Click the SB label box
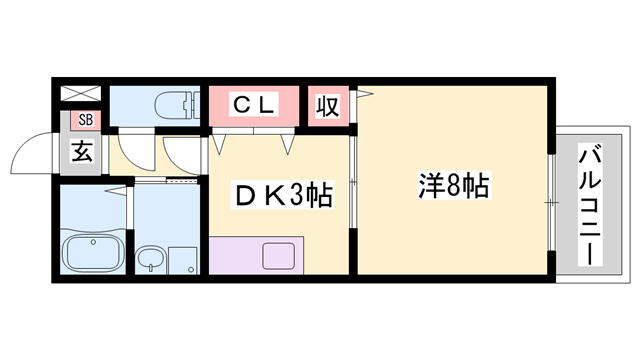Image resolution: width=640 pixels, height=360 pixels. coord(82,122)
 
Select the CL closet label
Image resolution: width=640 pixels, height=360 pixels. coord(254,103)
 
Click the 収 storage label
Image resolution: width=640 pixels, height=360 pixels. coord(326,105)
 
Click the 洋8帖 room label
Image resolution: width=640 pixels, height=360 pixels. coord(454,185)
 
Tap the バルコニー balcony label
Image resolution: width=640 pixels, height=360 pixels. coord(590,205)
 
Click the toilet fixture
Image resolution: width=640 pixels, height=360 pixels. coord(173,103)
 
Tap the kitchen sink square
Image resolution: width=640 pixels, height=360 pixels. coord(279,255)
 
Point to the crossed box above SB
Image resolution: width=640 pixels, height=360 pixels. coord(82,95)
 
